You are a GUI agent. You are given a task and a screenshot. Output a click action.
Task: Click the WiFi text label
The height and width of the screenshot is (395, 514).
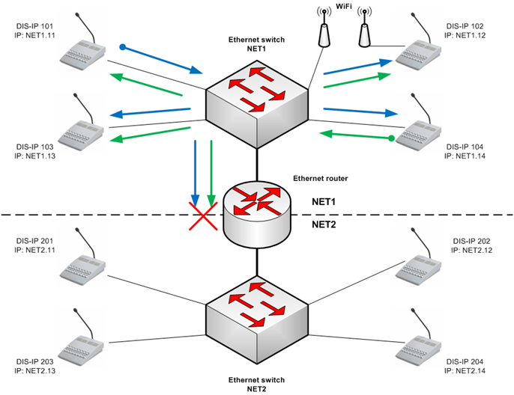pyautogui.click(x=345, y=7)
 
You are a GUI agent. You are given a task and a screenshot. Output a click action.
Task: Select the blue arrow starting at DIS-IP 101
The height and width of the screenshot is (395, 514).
pyautogui.click(x=162, y=61)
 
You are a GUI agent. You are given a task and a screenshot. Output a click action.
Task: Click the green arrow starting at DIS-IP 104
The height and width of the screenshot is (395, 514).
pyautogui.click(x=355, y=136)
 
